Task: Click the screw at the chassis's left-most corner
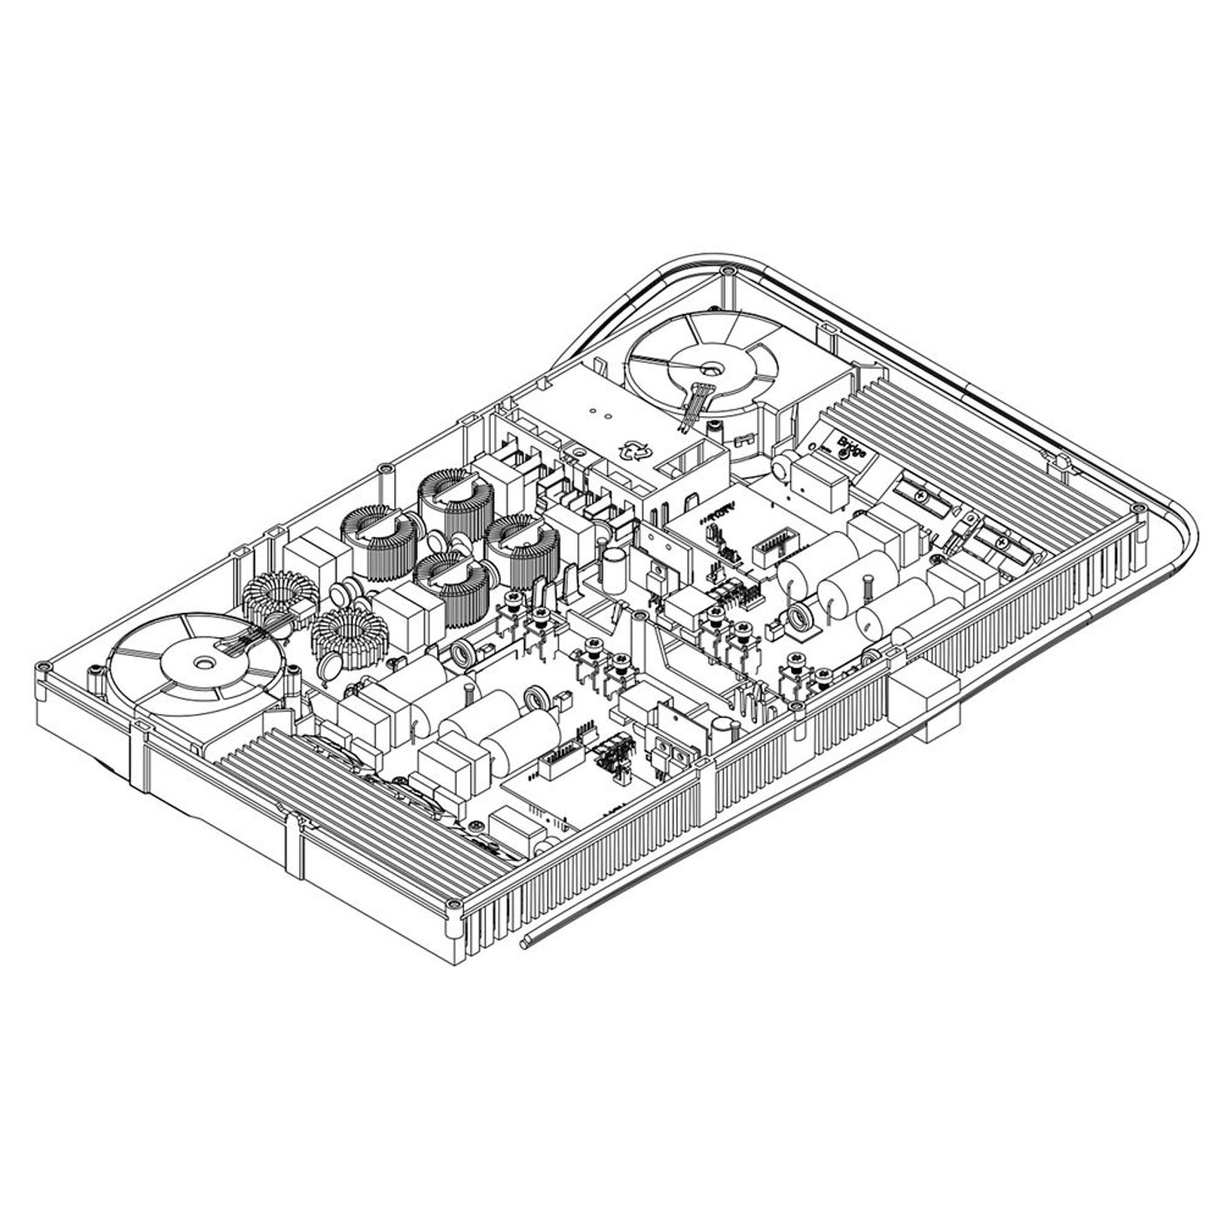39,669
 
